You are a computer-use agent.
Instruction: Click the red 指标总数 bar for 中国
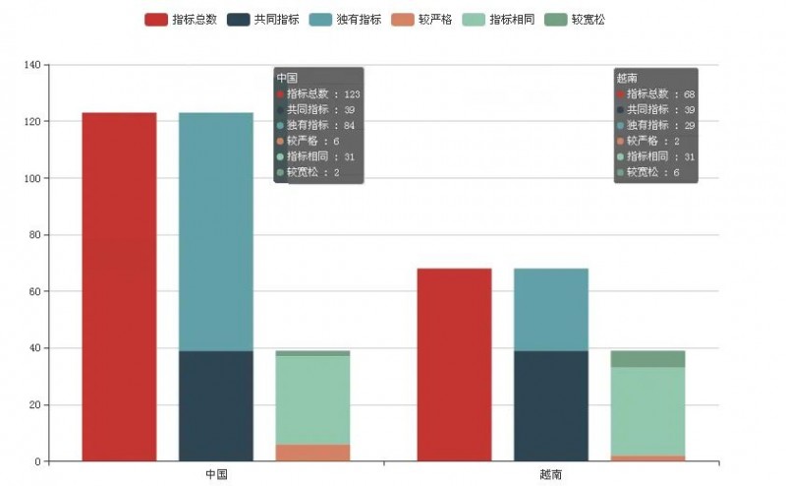pyautogui.click(x=119, y=286)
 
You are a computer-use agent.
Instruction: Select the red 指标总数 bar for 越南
pyautogui.click(x=454, y=364)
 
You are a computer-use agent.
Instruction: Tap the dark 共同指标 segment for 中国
pyautogui.click(x=216, y=405)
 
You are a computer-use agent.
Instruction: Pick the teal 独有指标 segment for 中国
pyautogui.click(x=216, y=231)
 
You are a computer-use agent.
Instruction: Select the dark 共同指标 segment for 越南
pyautogui.click(x=551, y=405)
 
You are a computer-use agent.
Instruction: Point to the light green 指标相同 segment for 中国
pyautogui.click(x=312, y=399)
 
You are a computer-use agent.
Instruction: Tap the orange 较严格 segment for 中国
pyautogui.click(x=312, y=453)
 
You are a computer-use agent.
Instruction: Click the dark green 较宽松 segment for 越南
pyautogui.click(x=647, y=359)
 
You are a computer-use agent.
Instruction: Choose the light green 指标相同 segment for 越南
pyautogui.click(x=647, y=411)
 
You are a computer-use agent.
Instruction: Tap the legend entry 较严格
pyautogui.click(x=421, y=19)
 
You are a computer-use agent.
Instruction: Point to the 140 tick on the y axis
pyautogui.click(x=32, y=65)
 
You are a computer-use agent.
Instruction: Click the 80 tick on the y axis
pyautogui.click(x=35, y=235)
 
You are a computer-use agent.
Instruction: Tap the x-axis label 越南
pyautogui.click(x=551, y=474)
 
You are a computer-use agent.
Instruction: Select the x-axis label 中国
pyautogui.click(x=216, y=474)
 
